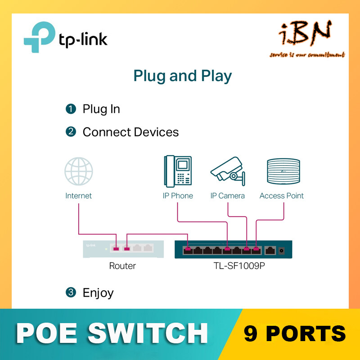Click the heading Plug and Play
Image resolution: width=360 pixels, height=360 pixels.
click(182, 76)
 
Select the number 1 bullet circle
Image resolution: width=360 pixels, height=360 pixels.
click(71, 109)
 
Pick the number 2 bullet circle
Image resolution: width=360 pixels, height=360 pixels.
click(71, 132)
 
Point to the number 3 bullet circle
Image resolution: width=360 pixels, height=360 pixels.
click(71, 292)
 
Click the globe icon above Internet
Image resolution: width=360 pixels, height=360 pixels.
click(79, 171)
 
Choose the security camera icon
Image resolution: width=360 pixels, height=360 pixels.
click(228, 171)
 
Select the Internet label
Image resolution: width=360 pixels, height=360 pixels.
click(79, 196)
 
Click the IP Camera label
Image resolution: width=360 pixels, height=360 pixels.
click(228, 196)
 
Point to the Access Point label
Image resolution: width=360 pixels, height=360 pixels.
click(282, 196)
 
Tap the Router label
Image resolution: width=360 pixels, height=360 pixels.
click(122, 266)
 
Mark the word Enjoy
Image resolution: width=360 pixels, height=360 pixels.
click(98, 293)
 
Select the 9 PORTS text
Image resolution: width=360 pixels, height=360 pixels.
click(295, 334)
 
